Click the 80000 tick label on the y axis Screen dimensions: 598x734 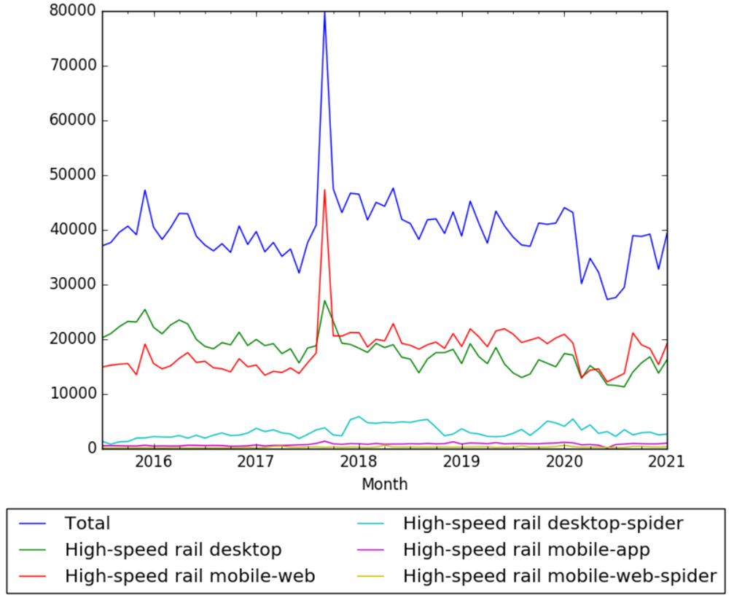(x=73, y=11)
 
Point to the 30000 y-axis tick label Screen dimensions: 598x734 (x=73, y=284)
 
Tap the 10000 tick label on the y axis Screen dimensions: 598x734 (x=73, y=394)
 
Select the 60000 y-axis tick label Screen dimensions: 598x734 (x=73, y=120)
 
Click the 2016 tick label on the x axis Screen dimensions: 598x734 (x=153, y=462)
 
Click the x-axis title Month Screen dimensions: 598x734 (x=384, y=484)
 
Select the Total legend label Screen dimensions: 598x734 (x=87, y=523)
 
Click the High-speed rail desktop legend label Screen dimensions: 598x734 (x=173, y=549)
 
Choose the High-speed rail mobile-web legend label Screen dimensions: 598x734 (x=190, y=575)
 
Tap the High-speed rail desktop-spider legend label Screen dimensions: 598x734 (x=543, y=523)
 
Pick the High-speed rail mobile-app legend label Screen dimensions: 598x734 (x=526, y=549)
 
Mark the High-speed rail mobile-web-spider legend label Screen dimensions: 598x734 (x=560, y=575)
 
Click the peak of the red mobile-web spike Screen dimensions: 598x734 (x=324, y=190)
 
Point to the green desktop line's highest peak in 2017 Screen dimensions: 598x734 (x=324, y=300)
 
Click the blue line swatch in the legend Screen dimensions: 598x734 (x=34, y=524)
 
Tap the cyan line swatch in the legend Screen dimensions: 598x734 (x=372, y=524)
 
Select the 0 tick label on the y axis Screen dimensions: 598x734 (x=92, y=448)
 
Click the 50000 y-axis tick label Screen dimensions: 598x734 (x=73, y=175)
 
